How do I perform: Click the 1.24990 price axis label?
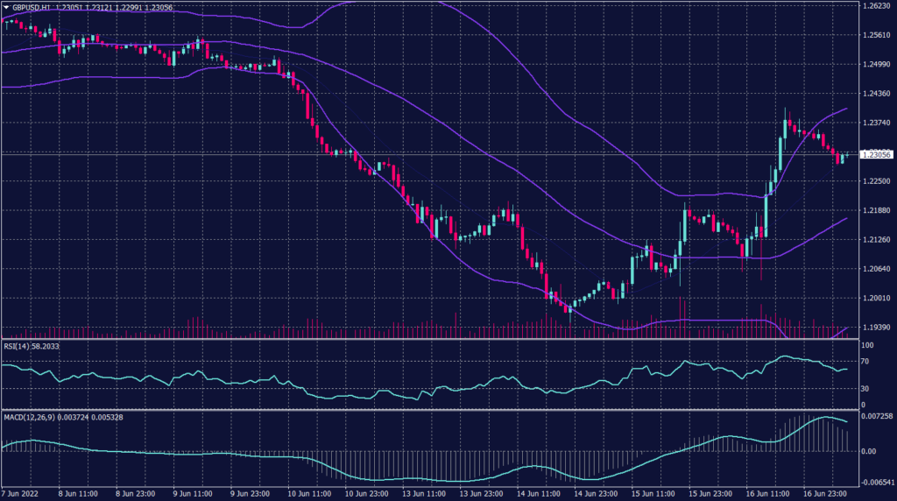pyautogui.click(x=876, y=64)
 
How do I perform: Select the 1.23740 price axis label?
pyautogui.click(x=876, y=123)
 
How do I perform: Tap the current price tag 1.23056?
pyautogui.click(x=877, y=154)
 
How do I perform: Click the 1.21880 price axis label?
pyautogui.click(x=876, y=210)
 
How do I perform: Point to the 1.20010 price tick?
pyautogui.click(x=876, y=298)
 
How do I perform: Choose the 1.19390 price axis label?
pyautogui.click(x=876, y=327)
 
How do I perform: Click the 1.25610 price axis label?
pyautogui.click(x=876, y=35)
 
